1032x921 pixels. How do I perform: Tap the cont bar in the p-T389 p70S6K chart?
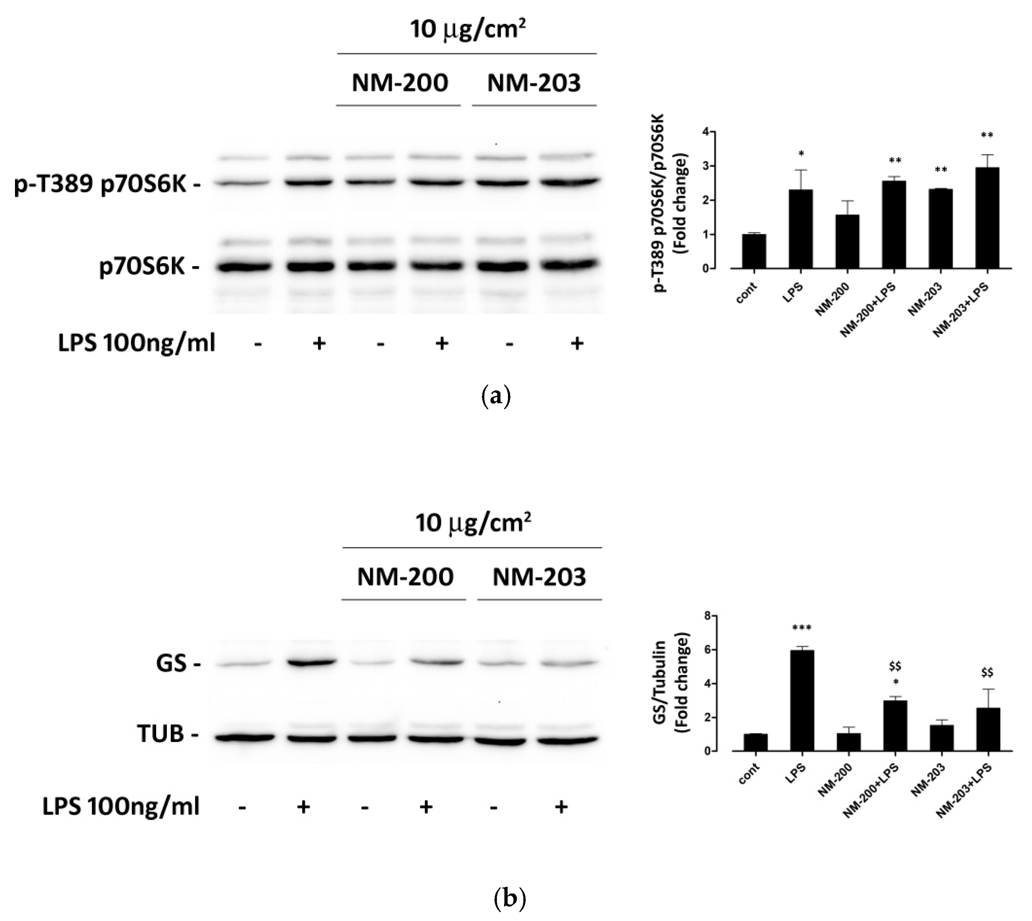(754, 251)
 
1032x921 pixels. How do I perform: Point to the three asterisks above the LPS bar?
(802, 629)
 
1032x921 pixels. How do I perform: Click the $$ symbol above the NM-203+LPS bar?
(987, 672)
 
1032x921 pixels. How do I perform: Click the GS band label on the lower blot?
(172, 663)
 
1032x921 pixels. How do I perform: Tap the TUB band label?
(161, 734)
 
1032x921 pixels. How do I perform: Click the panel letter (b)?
(509, 899)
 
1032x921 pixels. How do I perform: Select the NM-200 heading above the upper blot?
(400, 82)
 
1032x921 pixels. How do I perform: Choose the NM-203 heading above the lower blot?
(539, 577)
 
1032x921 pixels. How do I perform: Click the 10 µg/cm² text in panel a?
(467, 29)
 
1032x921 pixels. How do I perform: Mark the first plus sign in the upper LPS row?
(319, 343)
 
